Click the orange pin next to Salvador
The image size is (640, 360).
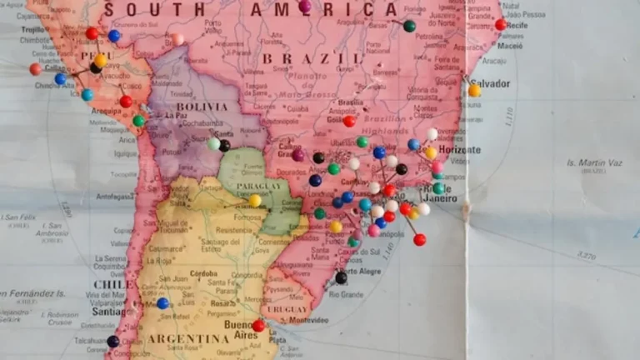pos(474,90)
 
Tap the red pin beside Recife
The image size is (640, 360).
pos(500,24)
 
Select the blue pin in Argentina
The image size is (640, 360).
pos(162,303)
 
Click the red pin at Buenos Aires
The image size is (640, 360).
pos(258,326)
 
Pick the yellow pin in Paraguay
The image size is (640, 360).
pos(255,200)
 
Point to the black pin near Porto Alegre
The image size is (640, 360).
pos(341,277)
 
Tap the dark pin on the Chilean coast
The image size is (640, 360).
pos(112,341)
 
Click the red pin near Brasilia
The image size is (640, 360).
pos(349,121)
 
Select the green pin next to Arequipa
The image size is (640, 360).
pos(139,121)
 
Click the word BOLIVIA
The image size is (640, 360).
pos(202,107)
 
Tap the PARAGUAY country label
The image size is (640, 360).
pos(259,187)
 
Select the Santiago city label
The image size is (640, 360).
pos(111,311)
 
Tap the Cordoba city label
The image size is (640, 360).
pos(202,272)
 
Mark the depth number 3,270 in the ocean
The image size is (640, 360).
pos(587,256)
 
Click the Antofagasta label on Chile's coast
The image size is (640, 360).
pos(115,197)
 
